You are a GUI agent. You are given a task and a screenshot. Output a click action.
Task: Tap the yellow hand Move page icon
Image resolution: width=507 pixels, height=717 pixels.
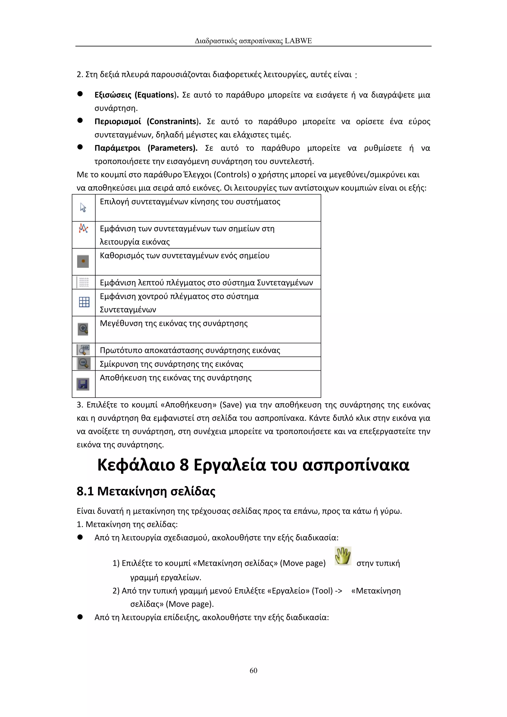click(x=343, y=556)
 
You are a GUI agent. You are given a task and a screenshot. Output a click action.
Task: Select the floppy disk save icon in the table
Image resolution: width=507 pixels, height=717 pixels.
click(x=83, y=384)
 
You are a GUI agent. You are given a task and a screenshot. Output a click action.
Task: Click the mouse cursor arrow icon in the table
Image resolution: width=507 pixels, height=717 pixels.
click(x=83, y=208)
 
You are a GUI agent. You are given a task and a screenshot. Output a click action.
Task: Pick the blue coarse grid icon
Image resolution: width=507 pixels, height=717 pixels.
click(x=84, y=302)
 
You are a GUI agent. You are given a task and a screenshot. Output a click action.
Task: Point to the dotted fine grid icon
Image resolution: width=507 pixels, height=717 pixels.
click(x=84, y=282)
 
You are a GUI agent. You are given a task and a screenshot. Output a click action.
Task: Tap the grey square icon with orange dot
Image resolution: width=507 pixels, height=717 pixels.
click(x=83, y=261)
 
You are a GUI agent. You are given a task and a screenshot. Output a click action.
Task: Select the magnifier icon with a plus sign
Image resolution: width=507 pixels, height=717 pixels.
click(x=83, y=329)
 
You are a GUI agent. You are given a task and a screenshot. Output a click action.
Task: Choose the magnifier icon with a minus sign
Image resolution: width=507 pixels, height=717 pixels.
click(x=84, y=363)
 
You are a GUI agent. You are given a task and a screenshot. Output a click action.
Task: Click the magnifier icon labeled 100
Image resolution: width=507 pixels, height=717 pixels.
click(x=84, y=350)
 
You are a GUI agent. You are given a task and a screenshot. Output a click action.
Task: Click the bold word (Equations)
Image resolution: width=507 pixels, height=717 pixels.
click(x=156, y=95)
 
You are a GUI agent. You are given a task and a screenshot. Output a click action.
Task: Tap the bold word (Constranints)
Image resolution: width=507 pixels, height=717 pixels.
click(x=174, y=122)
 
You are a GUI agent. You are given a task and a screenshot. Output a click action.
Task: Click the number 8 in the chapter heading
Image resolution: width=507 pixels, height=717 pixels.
click(x=184, y=465)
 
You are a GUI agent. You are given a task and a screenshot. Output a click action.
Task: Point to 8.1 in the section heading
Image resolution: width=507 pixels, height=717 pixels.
click(x=85, y=491)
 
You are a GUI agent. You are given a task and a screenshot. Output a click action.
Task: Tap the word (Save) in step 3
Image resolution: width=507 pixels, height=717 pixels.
click(x=231, y=405)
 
